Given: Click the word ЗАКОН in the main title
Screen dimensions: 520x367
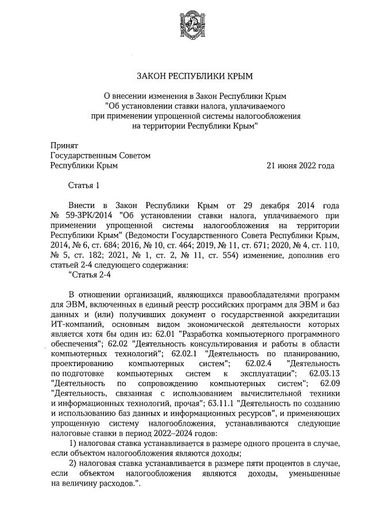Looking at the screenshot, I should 153,76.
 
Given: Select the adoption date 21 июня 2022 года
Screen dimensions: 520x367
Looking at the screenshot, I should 300,165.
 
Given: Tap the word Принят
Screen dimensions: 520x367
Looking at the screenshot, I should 64,146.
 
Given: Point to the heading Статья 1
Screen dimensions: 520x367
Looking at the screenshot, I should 84,185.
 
